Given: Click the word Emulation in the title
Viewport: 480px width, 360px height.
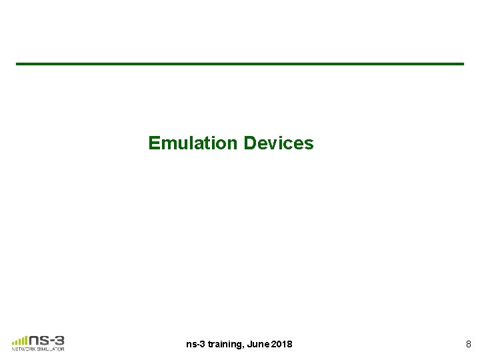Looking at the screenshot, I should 194,143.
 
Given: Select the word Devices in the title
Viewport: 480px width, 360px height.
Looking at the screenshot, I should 279,143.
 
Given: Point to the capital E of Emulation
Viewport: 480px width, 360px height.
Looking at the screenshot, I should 154,143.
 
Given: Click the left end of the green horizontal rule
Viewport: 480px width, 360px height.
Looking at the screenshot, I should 18,64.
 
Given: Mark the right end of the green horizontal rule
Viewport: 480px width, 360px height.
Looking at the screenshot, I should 462,64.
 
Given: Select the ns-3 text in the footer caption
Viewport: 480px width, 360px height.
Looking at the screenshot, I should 196,344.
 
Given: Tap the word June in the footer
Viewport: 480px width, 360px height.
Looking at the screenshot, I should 257,344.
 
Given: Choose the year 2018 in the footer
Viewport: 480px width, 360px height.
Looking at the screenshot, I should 281,344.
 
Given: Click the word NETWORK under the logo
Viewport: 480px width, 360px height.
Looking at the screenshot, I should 23,348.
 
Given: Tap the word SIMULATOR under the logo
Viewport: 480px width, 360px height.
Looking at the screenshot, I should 51,348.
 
